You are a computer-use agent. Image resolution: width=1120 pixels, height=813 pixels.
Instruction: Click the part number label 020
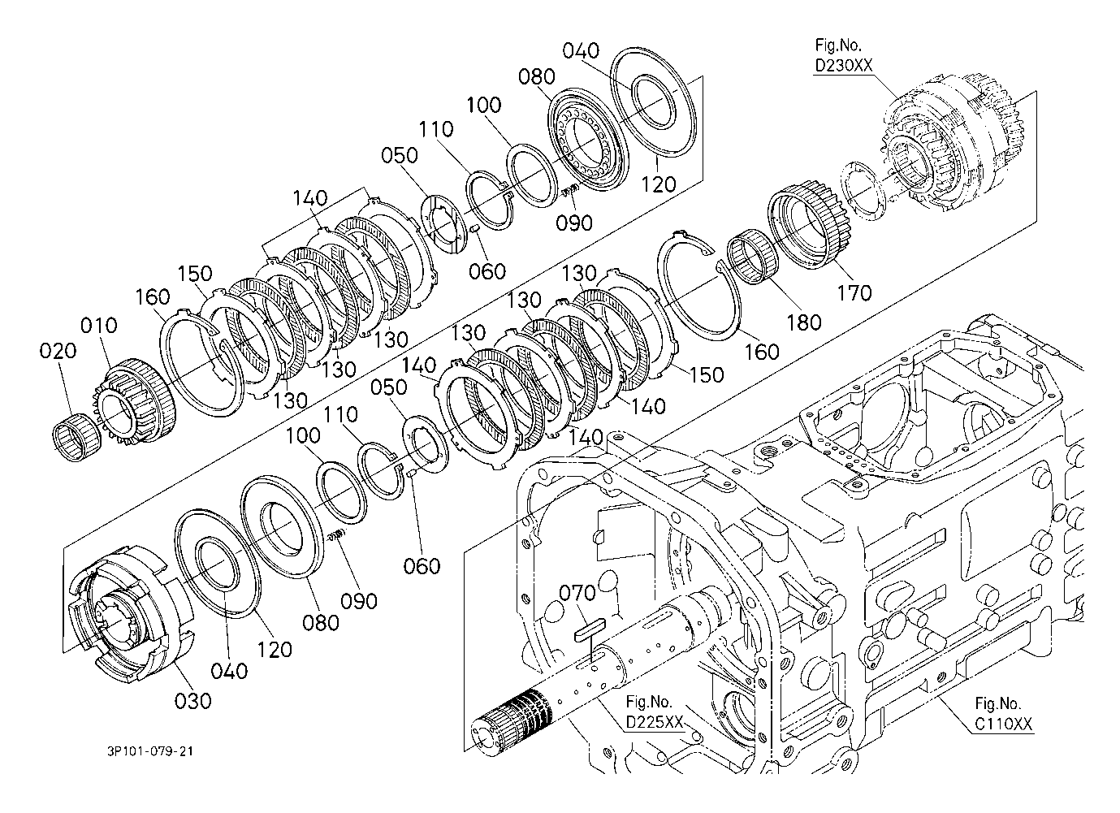(x=58, y=351)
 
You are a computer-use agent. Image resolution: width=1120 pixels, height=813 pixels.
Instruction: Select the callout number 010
(x=99, y=326)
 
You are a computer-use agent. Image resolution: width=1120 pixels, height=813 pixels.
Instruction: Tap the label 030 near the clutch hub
(x=193, y=701)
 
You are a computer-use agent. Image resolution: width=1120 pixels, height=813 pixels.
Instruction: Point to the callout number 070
(x=577, y=594)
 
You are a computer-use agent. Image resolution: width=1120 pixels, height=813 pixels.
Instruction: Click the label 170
(x=854, y=293)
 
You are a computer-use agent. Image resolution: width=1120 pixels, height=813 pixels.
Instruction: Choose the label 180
(x=804, y=322)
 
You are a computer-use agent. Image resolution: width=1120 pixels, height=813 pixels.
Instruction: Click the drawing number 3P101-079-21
(x=150, y=751)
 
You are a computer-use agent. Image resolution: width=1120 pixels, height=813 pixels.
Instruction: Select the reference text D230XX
(x=844, y=66)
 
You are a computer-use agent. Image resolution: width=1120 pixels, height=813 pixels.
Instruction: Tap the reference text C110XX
(x=1004, y=724)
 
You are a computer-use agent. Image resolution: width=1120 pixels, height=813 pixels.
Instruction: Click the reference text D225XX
(x=655, y=722)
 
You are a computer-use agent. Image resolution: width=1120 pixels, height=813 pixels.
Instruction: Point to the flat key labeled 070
(x=590, y=629)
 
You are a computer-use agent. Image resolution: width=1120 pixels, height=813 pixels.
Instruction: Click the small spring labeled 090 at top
(x=569, y=191)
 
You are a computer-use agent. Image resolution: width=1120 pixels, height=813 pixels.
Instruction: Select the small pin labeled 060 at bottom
(x=410, y=472)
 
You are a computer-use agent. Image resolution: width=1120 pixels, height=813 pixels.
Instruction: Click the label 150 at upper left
(x=195, y=274)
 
